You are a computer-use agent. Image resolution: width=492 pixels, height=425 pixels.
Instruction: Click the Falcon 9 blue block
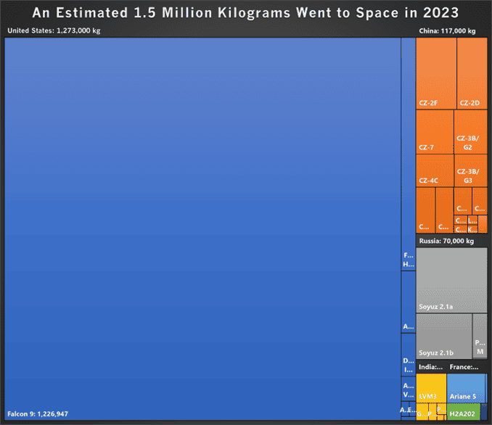[202, 225]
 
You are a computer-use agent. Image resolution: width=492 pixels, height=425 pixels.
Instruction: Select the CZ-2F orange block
[436, 73]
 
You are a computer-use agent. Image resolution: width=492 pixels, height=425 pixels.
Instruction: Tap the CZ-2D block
[472, 73]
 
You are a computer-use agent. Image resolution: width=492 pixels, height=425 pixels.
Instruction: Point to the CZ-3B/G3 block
[470, 170]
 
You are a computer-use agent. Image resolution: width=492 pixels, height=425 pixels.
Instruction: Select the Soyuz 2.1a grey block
[451, 279]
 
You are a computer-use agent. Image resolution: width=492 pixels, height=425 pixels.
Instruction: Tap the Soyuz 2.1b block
[443, 335]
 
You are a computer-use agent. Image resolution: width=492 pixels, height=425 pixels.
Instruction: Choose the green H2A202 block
[463, 413]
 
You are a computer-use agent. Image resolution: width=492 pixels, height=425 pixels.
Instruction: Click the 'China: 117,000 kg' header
[447, 31]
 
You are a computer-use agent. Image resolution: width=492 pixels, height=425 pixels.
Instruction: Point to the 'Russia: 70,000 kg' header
[446, 241]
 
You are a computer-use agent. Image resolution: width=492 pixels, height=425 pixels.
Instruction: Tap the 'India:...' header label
[430, 367]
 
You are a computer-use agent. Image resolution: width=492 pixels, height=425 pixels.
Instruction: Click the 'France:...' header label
[464, 367]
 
